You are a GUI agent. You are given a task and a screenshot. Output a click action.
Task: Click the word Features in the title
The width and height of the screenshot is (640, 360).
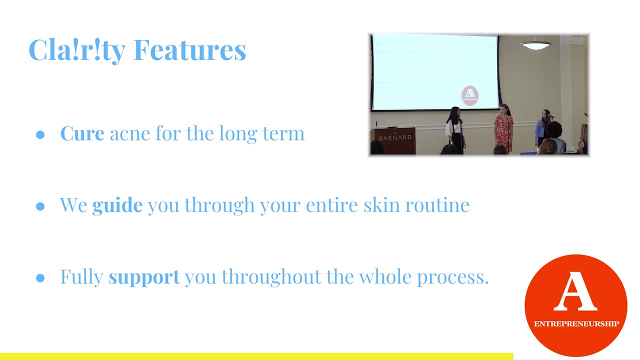tap(189, 50)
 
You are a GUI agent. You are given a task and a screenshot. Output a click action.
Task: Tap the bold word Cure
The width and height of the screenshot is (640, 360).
tap(82, 133)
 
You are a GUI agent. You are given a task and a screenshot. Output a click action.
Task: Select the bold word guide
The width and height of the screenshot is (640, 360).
tap(117, 205)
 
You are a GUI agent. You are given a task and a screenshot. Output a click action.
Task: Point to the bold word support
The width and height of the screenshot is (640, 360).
tap(144, 277)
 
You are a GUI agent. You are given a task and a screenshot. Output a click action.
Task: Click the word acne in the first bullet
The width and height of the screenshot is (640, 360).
tap(130, 135)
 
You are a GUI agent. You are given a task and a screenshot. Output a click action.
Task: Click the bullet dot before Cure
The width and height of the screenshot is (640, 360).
tap(40, 135)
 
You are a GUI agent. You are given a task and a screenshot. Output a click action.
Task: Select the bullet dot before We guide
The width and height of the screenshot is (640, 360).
tap(40, 206)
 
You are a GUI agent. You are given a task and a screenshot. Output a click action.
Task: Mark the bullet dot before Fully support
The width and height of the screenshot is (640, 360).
tap(40, 278)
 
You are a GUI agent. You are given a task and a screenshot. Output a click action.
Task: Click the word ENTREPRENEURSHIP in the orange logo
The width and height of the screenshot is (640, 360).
tap(576, 324)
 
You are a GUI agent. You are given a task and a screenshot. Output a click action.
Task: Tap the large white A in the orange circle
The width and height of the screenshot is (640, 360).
tap(575, 291)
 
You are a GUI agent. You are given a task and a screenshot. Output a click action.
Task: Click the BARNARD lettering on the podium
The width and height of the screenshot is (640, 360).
tap(395, 138)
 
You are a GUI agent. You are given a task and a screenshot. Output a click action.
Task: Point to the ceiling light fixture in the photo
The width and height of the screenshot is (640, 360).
tap(535, 45)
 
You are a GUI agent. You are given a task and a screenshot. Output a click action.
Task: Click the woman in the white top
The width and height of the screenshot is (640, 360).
tap(455, 130)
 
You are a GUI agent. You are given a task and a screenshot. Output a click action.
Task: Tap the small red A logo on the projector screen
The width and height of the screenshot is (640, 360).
tap(469, 95)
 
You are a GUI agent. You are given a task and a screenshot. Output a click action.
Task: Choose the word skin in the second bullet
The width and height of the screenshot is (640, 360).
tap(381, 204)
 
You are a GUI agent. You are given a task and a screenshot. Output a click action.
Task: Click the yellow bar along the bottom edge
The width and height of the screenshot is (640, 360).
tap(256, 356)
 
